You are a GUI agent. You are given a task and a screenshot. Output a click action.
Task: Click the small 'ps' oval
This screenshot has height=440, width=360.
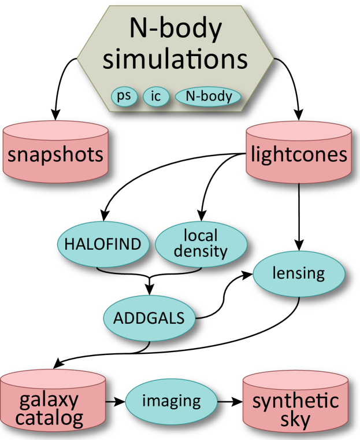(124, 97)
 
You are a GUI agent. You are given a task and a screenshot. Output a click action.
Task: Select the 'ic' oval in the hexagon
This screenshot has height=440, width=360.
(156, 97)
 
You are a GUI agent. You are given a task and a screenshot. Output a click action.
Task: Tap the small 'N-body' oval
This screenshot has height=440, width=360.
(209, 97)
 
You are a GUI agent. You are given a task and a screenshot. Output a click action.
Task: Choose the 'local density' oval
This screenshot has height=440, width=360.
(201, 243)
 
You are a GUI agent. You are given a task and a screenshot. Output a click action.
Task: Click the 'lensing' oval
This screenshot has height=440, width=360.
(299, 272)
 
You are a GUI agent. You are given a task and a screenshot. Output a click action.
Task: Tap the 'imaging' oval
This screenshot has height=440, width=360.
(172, 400)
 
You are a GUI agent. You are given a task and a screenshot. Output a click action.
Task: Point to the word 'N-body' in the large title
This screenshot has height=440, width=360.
(176, 29)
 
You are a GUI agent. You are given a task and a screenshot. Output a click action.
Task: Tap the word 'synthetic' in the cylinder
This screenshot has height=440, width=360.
(295, 400)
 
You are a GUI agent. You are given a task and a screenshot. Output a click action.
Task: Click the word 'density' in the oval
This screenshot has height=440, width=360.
(201, 252)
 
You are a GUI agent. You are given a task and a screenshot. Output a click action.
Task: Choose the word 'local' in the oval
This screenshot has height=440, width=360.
(201, 235)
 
